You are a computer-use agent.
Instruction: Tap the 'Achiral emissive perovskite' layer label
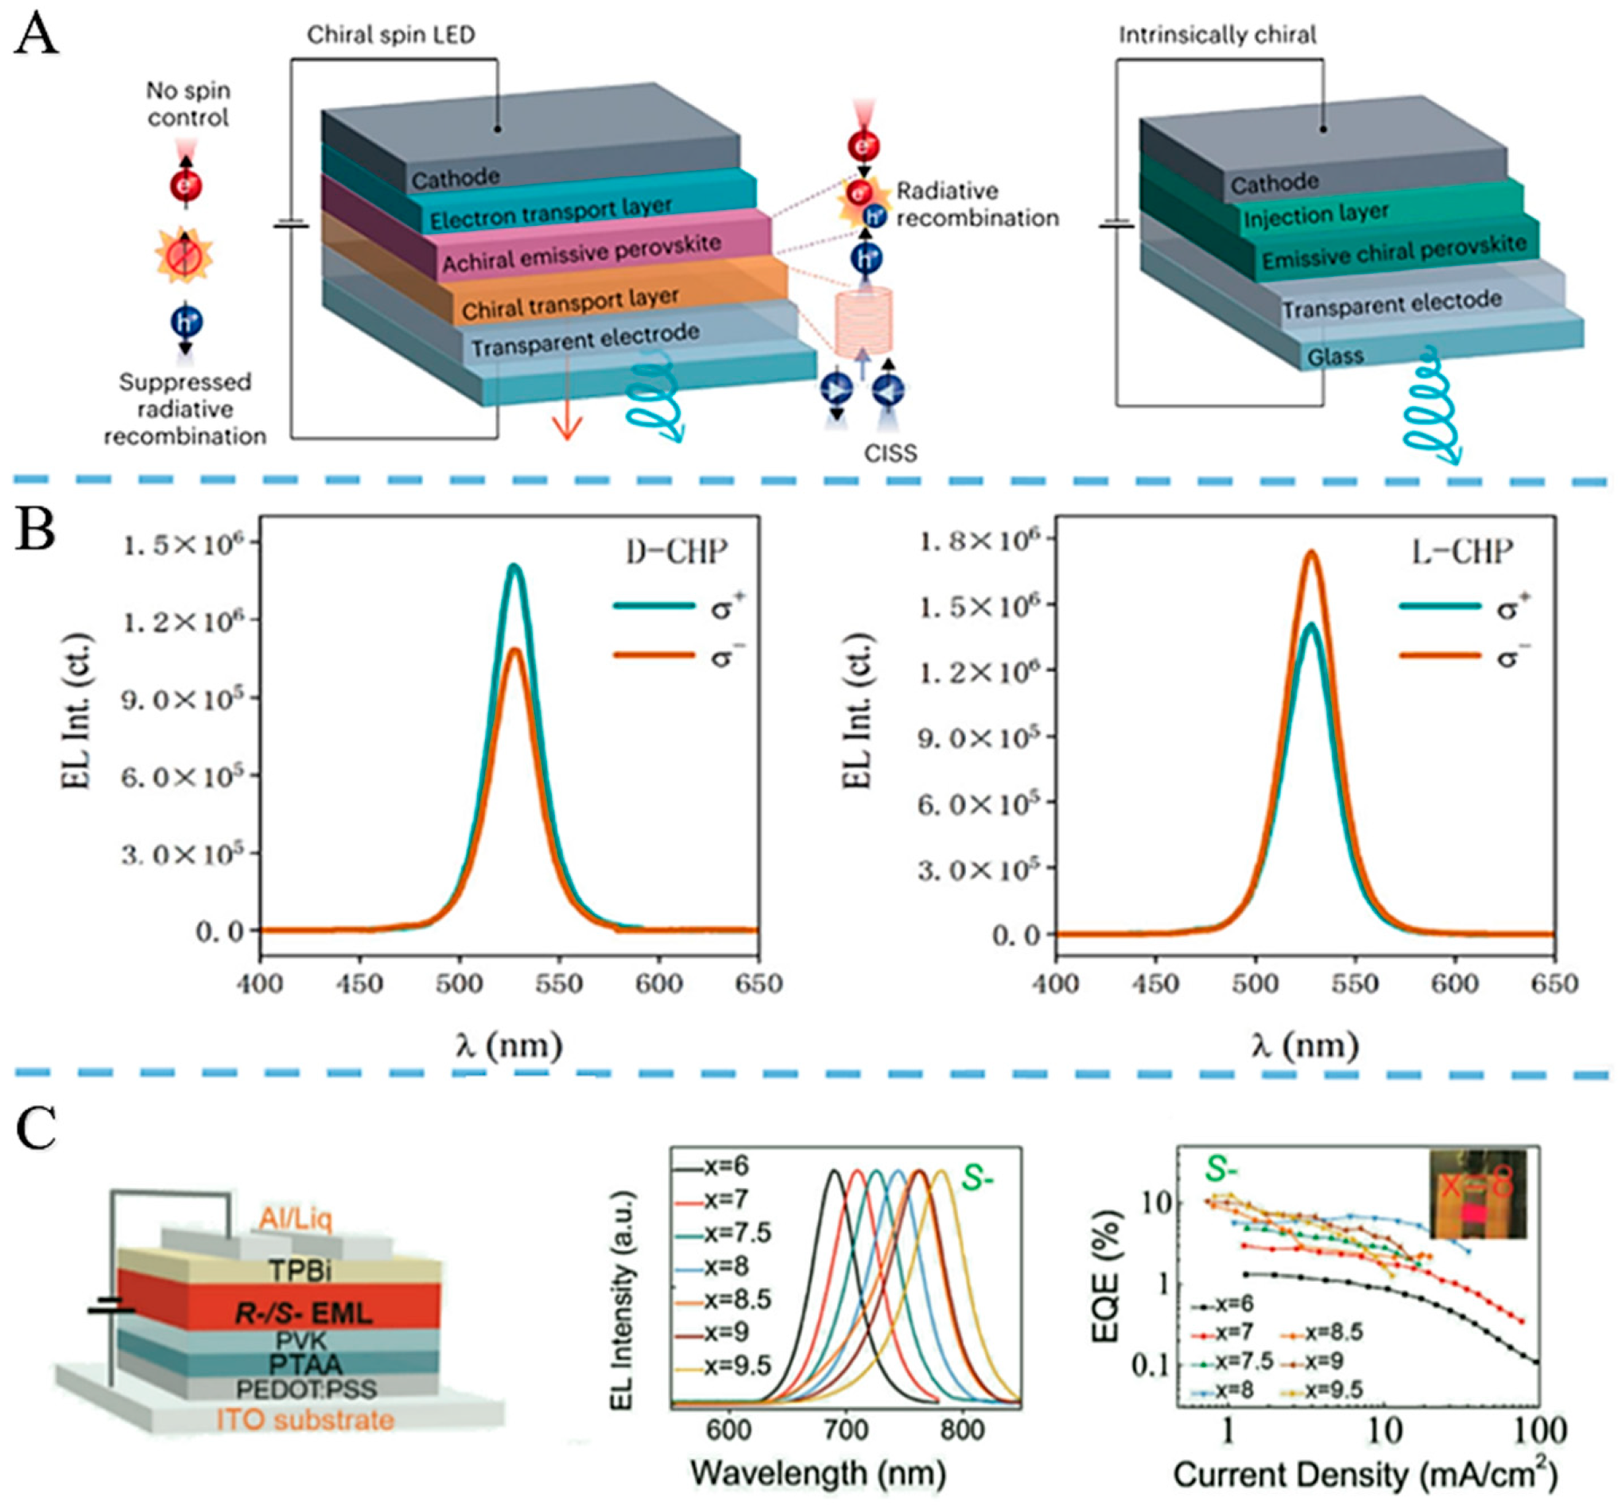tap(581, 253)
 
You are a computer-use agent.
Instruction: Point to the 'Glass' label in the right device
tap(1334, 357)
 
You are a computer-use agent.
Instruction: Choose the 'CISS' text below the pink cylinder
tap(890, 453)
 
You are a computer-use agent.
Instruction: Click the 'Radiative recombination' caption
tap(976, 204)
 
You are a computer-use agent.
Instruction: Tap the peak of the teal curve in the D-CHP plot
tap(514, 565)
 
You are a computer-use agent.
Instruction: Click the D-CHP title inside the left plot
tap(676, 553)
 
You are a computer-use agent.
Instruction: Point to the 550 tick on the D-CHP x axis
tap(558, 984)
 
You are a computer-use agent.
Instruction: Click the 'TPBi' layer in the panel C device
tap(300, 1270)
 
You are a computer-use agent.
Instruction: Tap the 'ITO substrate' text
tap(305, 1420)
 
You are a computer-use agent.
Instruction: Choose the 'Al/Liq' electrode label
tap(296, 1219)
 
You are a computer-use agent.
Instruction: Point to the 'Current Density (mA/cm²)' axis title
tap(1364, 1474)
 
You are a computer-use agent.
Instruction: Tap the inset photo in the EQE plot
tap(1478, 1194)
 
